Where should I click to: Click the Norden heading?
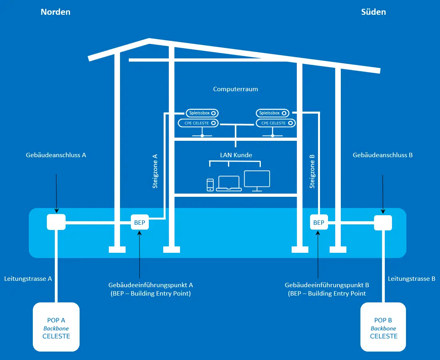[55, 12]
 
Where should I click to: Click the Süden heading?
[373, 12]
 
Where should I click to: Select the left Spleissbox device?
[202, 113]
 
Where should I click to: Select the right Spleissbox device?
[272, 113]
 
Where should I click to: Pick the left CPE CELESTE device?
[198, 123]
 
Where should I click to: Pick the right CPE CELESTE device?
[275, 123]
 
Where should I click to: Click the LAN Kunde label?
[236, 155]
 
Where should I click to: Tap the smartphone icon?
[210, 185]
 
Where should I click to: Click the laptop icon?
[228, 184]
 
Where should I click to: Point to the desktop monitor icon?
[257, 181]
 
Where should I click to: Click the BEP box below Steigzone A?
[140, 222]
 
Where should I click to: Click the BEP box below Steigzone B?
[319, 222]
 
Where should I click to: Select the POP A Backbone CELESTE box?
[56, 327]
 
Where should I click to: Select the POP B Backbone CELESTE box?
[383, 327]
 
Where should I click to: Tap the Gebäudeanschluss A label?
[56, 155]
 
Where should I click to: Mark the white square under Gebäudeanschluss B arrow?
[383, 223]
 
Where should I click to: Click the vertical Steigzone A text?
[155, 171]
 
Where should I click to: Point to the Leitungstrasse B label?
[411, 279]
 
